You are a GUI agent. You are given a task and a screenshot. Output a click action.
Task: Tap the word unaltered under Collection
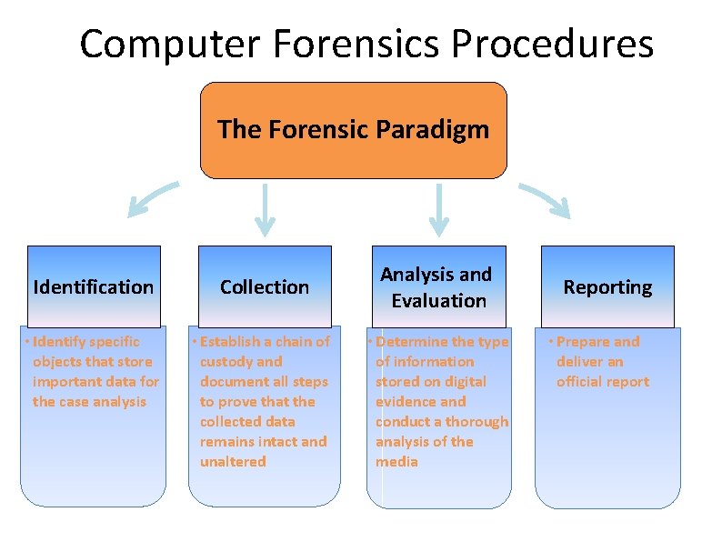(x=233, y=461)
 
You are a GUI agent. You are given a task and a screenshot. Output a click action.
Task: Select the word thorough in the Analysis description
(x=476, y=421)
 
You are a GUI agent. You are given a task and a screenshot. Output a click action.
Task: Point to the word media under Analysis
(x=396, y=461)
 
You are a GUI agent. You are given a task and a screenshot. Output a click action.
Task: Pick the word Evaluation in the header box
(x=439, y=300)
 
